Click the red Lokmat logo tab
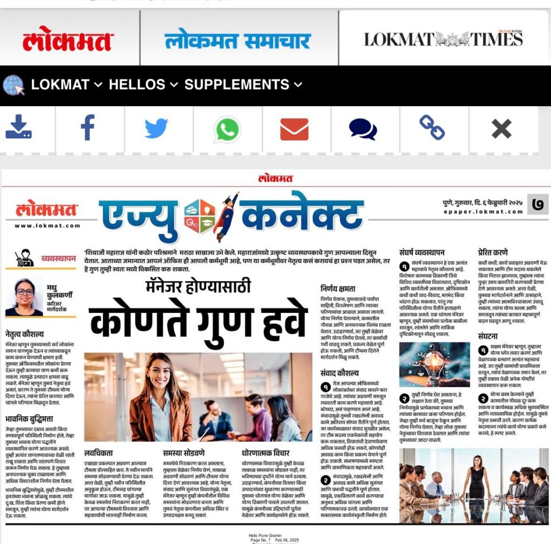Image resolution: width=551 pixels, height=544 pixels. pos(68,41)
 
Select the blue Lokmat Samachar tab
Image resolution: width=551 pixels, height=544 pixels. pos(237,41)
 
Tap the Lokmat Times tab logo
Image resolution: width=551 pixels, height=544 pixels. pos(443,39)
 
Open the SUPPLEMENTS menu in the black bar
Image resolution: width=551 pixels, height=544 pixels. pos(243,85)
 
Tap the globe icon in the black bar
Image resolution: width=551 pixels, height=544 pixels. pos(13,85)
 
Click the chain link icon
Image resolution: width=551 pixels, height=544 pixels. pos(432,128)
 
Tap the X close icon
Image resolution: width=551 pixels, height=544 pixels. pos(501,129)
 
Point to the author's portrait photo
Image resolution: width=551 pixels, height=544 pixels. pos(24,297)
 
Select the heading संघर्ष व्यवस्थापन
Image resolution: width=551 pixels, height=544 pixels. pos(422,252)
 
